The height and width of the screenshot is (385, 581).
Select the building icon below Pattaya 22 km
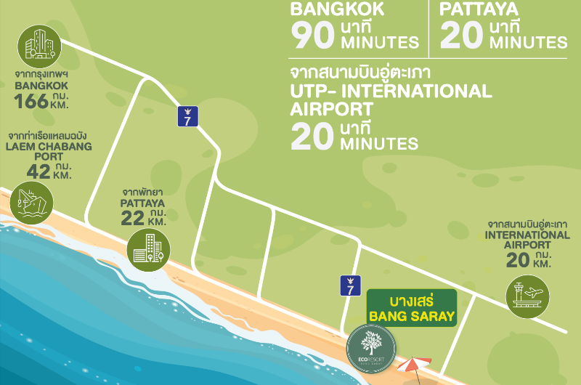pos(148,249)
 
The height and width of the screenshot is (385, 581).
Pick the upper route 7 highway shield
pos(187,115)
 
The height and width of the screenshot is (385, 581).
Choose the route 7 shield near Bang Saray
pos(349,285)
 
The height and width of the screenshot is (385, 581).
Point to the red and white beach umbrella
pos(413,364)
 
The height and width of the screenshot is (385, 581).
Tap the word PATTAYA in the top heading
pos(479,9)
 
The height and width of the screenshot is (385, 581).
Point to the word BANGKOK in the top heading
pos(337,9)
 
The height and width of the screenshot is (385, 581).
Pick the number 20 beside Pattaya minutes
pos(460,35)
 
